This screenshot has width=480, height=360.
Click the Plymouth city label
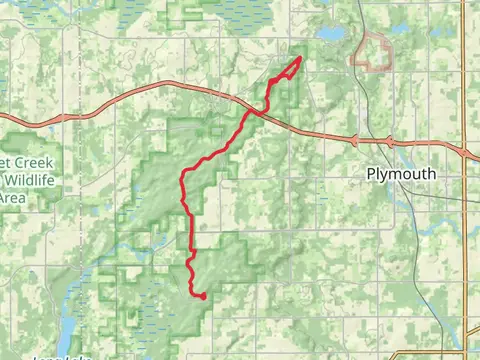click(x=400, y=173)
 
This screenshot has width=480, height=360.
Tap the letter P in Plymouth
click(x=370, y=173)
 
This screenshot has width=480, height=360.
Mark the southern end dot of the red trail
click(x=203, y=296)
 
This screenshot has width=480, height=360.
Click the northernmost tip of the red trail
click(x=300, y=60)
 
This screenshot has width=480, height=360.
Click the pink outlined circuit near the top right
click(x=373, y=52)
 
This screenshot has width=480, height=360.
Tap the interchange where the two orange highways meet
click(x=466, y=150)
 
